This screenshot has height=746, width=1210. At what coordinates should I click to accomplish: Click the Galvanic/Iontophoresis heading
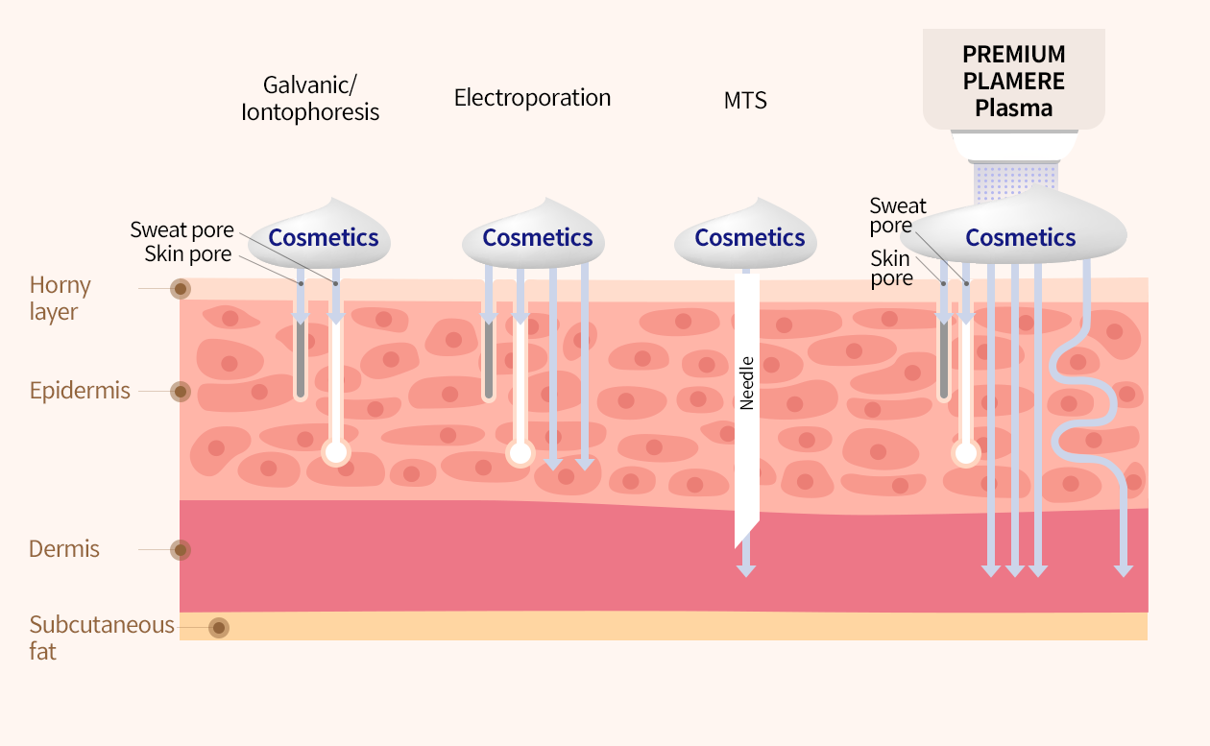point(310,98)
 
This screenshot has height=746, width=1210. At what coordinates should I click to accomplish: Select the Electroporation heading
point(532,98)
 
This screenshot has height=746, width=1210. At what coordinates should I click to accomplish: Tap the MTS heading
point(745,101)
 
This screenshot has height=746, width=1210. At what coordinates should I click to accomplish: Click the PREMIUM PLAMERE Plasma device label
point(1013,81)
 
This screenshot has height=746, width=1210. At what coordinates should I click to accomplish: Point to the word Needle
point(746,383)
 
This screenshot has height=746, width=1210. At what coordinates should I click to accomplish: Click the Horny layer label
point(60,298)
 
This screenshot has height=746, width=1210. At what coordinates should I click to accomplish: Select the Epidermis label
point(80,390)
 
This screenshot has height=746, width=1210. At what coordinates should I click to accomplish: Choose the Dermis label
point(63,549)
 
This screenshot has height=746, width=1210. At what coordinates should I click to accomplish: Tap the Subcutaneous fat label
point(102,638)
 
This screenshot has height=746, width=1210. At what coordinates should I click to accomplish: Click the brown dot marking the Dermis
point(181,550)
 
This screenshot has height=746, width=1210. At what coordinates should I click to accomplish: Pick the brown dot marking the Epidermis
point(181,391)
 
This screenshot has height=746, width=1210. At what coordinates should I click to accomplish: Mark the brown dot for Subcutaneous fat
point(219,628)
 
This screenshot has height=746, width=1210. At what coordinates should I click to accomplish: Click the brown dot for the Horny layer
point(181,288)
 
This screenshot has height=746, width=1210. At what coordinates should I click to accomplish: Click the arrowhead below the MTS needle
point(746,571)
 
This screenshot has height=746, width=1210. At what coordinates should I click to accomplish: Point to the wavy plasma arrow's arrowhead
point(1124,571)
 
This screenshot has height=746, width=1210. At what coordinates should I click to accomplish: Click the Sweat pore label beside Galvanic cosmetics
point(182,229)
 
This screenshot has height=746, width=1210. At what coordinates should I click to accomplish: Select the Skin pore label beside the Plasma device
point(891,269)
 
